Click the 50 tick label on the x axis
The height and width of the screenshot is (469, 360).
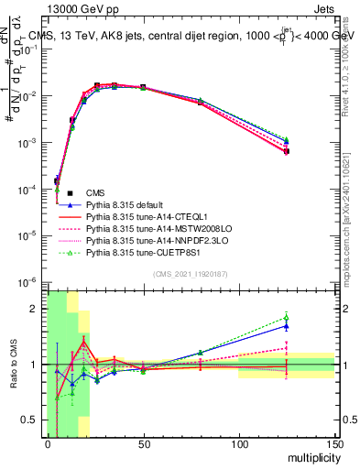(x=143, y=445)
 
